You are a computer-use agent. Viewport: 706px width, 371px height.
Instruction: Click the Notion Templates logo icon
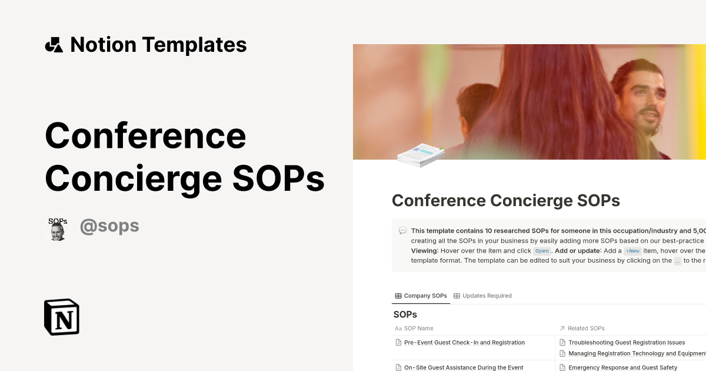(54, 45)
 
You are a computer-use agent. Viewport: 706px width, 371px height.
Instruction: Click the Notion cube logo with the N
(62, 317)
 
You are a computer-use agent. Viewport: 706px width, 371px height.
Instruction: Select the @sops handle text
(109, 226)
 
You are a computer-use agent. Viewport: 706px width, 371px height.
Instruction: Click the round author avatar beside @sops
(58, 228)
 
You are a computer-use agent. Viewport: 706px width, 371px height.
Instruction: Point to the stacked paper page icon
(421, 155)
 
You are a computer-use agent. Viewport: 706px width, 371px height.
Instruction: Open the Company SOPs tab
(421, 296)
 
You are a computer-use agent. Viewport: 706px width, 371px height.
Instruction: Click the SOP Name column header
(418, 328)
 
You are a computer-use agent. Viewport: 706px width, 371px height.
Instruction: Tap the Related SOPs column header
(586, 328)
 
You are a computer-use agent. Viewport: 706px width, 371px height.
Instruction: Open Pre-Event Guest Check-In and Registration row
(464, 342)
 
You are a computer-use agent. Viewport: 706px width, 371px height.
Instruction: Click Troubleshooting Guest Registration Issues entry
(627, 342)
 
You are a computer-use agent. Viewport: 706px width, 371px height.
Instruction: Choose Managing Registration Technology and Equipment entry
(635, 353)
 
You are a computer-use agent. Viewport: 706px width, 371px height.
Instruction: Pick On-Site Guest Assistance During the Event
(464, 367)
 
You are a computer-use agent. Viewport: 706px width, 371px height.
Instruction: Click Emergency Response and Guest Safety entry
(622, 367)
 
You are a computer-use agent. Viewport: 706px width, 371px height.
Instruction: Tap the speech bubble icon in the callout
(402, 231)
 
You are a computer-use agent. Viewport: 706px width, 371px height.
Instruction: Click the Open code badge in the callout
(541, 251)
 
